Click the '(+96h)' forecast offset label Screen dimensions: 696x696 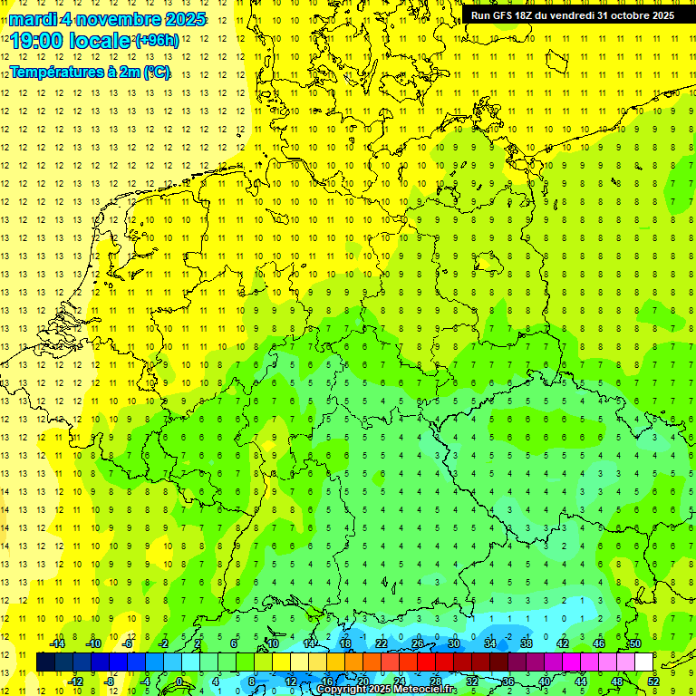[156, 40]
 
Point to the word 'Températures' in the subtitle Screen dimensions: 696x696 [63, 72]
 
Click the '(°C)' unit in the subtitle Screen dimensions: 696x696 [155, 72]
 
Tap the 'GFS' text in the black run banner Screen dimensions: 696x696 [506, 15]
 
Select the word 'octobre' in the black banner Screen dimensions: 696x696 [623, 15]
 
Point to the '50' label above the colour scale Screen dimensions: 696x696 [635, 643]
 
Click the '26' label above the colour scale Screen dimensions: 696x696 [418, 643]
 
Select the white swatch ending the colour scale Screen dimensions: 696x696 [644, 662]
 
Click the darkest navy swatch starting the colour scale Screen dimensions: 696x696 [46, 662]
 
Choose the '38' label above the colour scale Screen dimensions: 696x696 [527, 643]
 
